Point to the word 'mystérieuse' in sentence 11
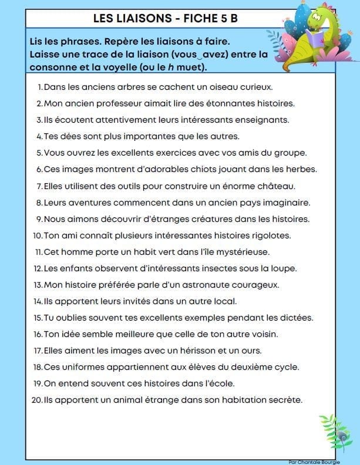(242, 252)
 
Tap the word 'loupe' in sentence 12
(284, 268)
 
